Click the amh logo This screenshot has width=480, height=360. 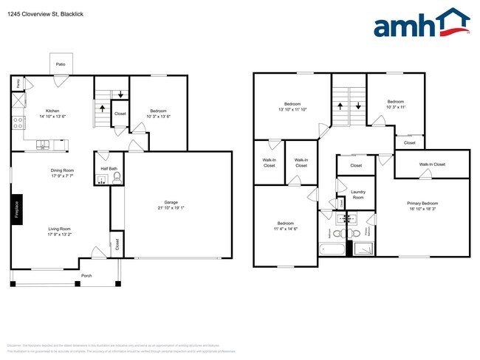point(421,24)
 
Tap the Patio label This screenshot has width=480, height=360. point(61,65)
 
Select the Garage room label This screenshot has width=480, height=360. point(170,202)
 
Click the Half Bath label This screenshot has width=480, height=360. point(109,167)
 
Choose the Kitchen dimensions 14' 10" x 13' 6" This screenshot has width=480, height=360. point(53,116)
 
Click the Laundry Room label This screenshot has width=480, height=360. point(357,194)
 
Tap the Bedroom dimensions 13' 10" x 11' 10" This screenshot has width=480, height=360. point(292,109)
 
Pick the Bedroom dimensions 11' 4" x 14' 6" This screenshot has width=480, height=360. point(285,229)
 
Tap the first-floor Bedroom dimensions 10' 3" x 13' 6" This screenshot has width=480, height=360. point(159,116)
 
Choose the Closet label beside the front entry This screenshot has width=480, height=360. point(116,243)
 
